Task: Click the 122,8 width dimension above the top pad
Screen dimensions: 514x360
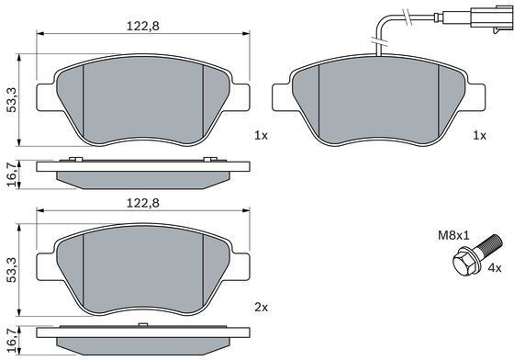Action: tap(143, 26)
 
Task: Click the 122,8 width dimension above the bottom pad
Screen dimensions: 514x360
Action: tap(143, 203)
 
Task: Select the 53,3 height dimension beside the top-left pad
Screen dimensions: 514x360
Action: tap(12, 100)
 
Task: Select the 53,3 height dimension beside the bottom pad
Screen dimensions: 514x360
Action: tap(12, 270)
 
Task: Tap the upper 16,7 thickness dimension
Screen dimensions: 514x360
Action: tap(12, 174)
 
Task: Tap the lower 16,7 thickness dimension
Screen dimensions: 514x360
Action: tap(12, 341)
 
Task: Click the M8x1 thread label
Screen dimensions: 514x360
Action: tap(454, 235)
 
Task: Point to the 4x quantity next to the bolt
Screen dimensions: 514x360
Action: tap(495, 268)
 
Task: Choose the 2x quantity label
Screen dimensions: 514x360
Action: tap(262, 308)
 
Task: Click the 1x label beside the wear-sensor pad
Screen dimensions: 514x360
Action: tap(479, 135)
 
